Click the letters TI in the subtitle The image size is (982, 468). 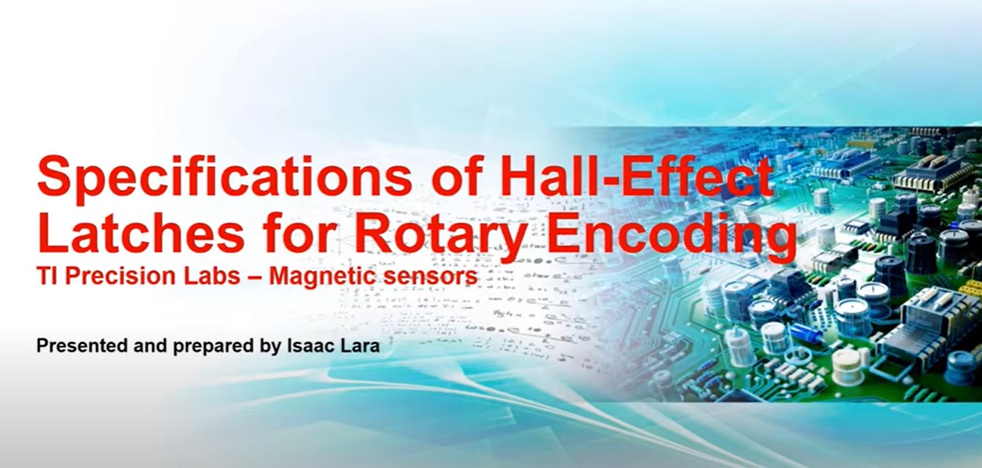pos(48,276)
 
